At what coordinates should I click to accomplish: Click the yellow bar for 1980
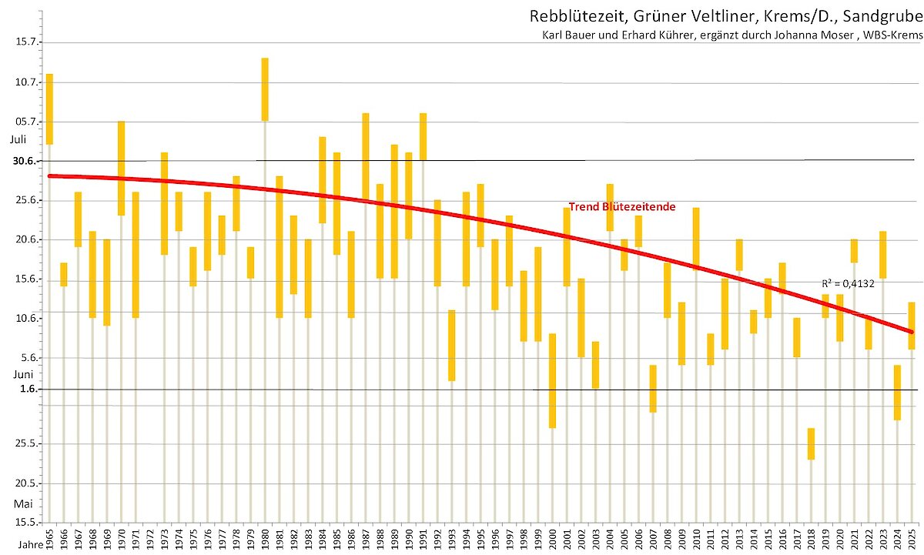coord(265,89)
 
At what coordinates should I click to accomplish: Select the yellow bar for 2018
coord(811,443)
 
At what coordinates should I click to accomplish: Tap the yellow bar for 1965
coord(49,109)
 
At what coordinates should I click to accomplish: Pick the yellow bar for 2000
coord(552,380)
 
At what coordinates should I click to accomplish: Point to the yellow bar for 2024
coord(897,392)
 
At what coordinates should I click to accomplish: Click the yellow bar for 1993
coord(452,345)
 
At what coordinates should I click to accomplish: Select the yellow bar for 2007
coord(652,388)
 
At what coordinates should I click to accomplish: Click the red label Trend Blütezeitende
coord(622,207)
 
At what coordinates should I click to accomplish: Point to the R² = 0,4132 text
coord(847,284)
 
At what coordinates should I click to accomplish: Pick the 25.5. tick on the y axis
coord(27,444)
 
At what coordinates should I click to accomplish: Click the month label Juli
coord(18,140)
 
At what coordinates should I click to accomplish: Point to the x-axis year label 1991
coord(423,537)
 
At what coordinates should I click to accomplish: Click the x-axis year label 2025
coord(912,537)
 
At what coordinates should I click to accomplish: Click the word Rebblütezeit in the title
coord(567,17)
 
